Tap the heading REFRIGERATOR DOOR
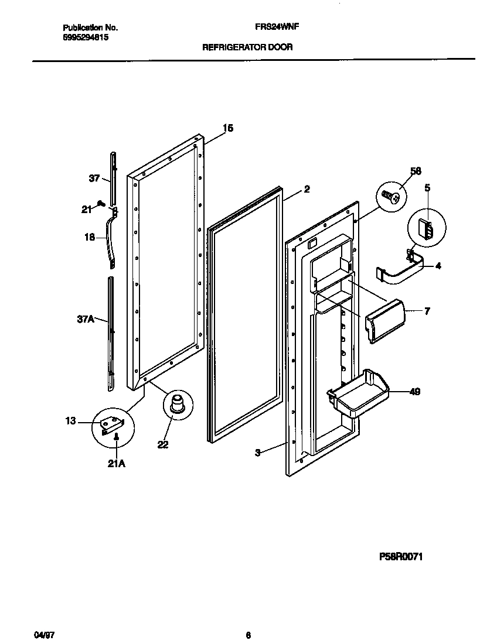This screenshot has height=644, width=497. coord(247,47)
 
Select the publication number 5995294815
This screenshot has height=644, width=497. coord(85,37)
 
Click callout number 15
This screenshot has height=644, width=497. coord(228,128)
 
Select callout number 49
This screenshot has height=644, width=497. coord(414,392)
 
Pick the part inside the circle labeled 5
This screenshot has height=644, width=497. coord(426,229)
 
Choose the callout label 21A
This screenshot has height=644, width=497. coord(117,464)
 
